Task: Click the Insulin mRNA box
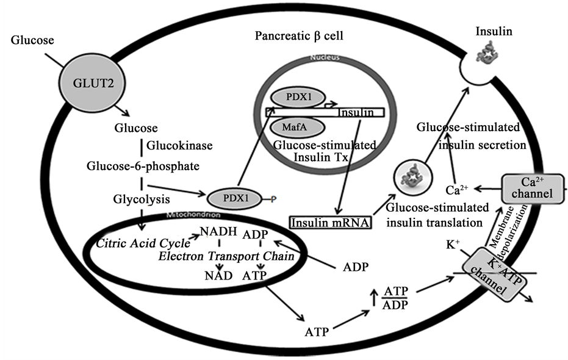click(330, 222)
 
